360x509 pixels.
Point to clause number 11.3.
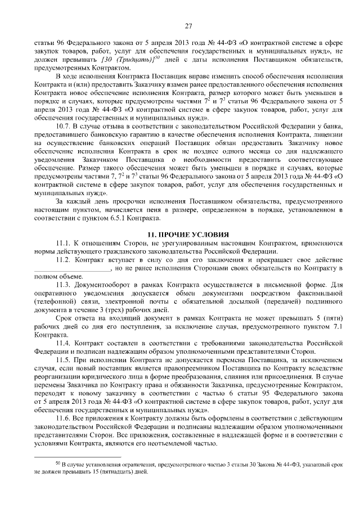pos(64,285)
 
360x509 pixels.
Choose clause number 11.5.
pos(64,358)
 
